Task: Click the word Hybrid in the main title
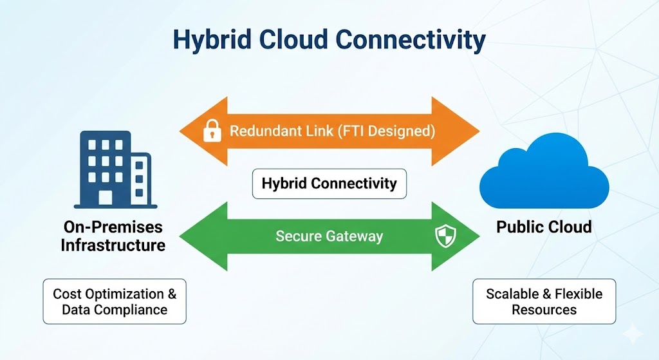tap(209, 40)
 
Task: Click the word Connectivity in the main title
tap(411, 40)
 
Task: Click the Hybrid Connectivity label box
tap(329, 184)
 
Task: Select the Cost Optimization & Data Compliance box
tap(114, 301)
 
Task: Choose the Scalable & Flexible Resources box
tap(544, 301)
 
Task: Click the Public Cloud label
tap(544, 227)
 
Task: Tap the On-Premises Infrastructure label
tap(113, 236)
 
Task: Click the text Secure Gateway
tap(329, 236)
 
